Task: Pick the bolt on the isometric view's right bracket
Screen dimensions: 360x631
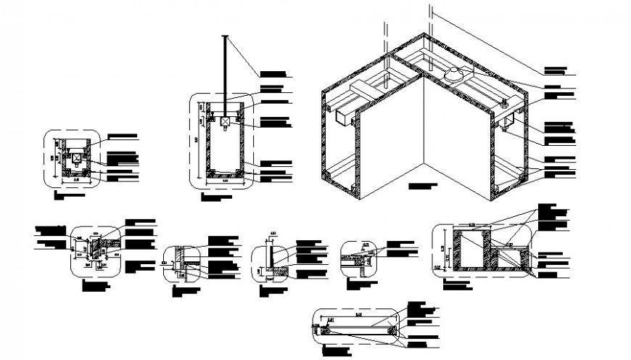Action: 503,104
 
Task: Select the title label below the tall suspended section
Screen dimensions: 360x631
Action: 218,197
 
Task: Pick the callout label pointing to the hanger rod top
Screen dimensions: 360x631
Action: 276,74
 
